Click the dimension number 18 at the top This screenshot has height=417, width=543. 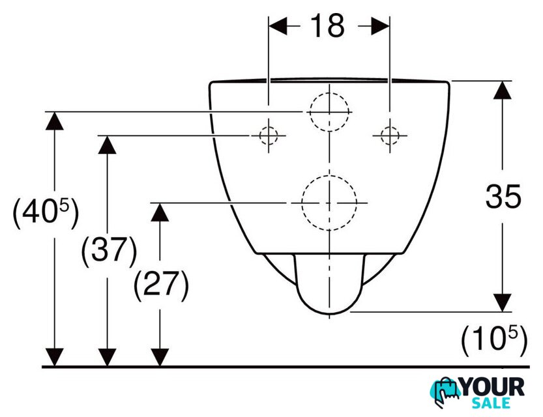327,25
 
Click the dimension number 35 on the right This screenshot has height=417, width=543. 503,196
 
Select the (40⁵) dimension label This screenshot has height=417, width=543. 46,214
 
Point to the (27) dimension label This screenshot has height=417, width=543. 161,286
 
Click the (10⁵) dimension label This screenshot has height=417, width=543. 494,340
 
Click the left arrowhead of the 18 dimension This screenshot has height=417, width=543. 278,26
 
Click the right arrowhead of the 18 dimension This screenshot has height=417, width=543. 380,26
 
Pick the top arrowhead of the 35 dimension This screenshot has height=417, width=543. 503,90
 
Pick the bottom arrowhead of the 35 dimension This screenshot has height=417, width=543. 503,303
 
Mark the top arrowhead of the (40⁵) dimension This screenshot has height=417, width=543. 54,121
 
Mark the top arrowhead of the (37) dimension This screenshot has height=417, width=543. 107,145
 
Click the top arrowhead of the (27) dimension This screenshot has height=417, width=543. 160,212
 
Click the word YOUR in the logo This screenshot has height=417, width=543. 493,387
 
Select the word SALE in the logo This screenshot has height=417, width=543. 492,403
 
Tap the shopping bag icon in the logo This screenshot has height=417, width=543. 445,392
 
